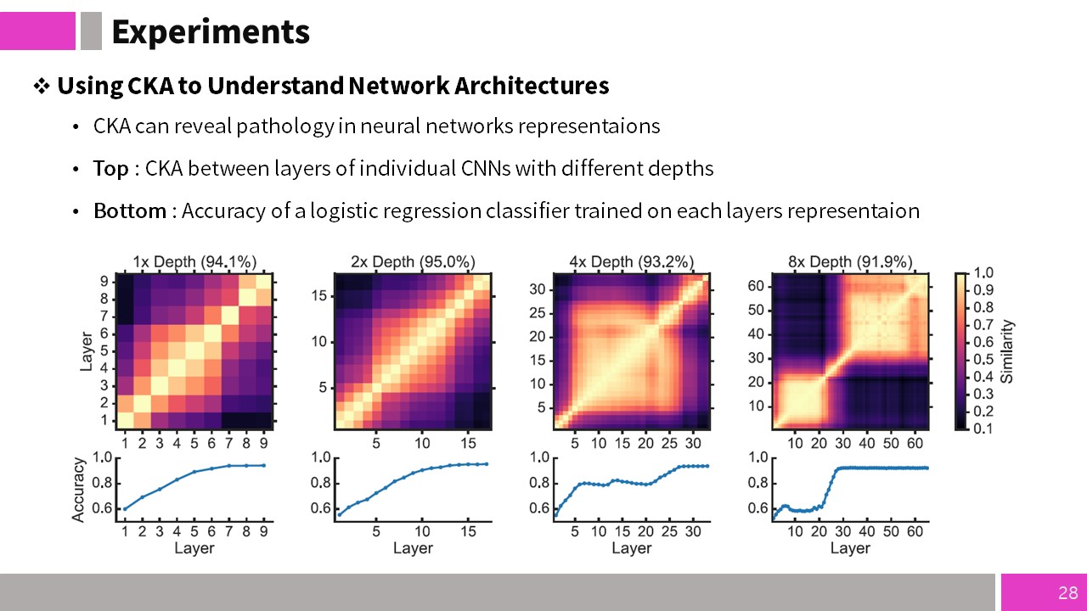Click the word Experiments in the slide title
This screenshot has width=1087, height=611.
(x=211, y=32)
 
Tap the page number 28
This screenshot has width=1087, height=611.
(x=1068, y=592)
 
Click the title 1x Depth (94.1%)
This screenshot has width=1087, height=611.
(x=194, y=262)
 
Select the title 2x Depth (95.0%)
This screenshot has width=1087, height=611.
(x=413, y=262)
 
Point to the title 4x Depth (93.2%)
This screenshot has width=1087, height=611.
(x=631, y=262)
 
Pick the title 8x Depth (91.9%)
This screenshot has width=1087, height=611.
(x=850, y=262)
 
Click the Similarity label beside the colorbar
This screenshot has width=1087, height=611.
(x=1007, y=351)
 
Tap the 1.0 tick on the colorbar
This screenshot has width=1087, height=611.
(x=983, y=273)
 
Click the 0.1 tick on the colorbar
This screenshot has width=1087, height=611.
(x=983, y=429)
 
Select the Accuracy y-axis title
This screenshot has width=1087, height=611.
(x=78, y=490)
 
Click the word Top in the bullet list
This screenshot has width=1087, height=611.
(x=111, y=169)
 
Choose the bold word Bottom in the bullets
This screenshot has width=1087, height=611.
(x=130, y=211)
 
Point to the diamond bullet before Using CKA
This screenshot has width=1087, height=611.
(x=42, y=87)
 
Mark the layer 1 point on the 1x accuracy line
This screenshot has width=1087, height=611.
(x=125, y=508)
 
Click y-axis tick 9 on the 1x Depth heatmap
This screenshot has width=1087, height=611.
(x=104, y=281)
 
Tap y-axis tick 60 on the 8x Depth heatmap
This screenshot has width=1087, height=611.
(x=756, y=286)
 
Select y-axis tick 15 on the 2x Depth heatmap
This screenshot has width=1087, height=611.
(x=319, y=296)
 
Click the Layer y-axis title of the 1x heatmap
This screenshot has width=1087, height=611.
(x=86, y=351)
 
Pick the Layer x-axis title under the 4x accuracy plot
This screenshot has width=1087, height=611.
(x=631, y=548)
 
